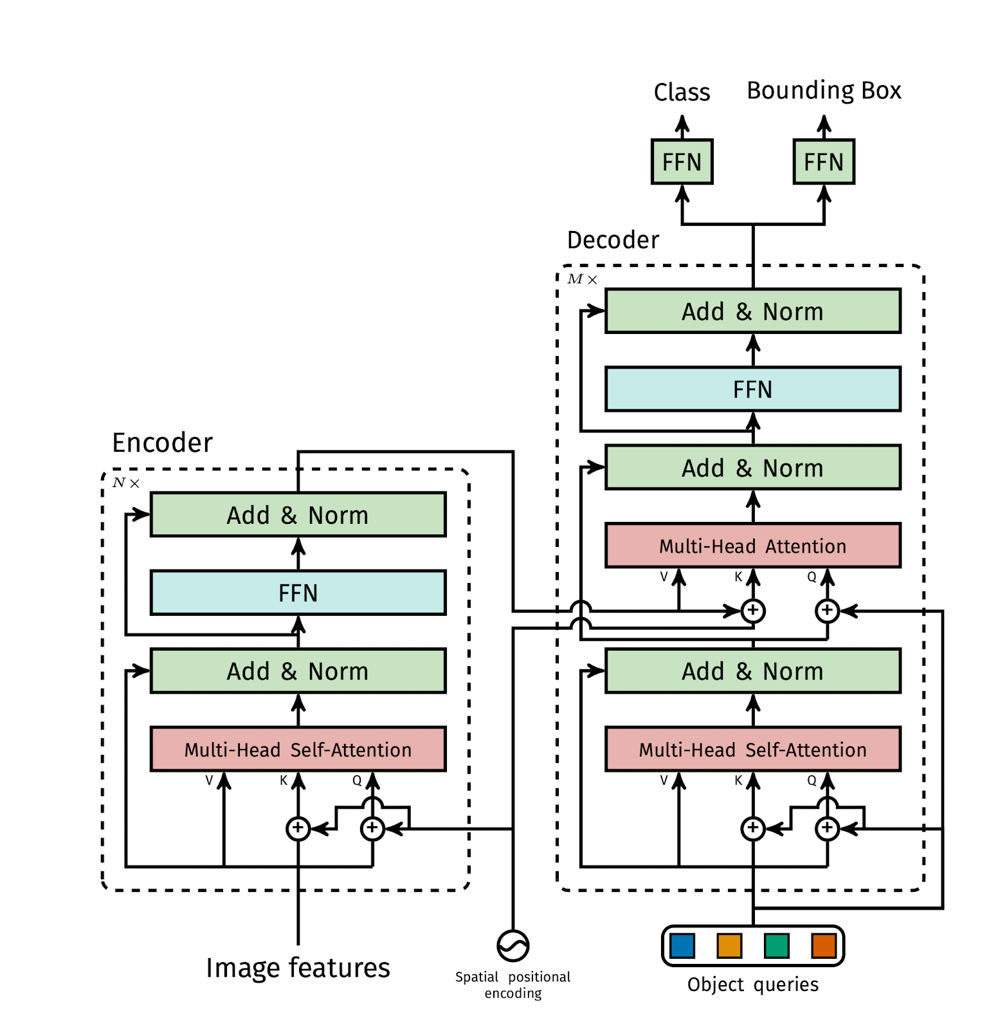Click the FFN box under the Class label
point(682,162)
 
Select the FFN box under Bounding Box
point(823,162)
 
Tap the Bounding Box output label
point(823,91)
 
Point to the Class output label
point(682,93)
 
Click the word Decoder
point(612,240)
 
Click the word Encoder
point(162,443)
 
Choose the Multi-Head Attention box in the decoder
point(752,546)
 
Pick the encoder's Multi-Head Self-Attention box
point(298,749)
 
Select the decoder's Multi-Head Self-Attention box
point(752,749)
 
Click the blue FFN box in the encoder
point(298,593)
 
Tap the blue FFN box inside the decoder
point(752,389)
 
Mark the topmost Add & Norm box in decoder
point(752,311)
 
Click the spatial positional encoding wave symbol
point(513,946)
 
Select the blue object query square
point(682,946)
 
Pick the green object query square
point(776,946)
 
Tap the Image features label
point(298,968)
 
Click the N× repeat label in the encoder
point(125,483)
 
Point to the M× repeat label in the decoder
point(581,279)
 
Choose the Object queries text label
point(752,985)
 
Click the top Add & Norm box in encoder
point(298,515)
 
